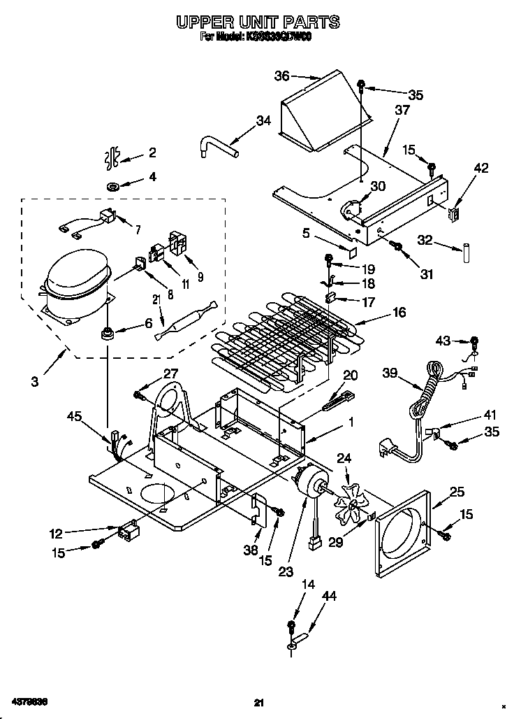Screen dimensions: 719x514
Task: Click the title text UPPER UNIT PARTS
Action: point(258,22)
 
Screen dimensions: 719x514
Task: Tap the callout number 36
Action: point(281,76)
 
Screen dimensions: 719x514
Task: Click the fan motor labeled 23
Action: point(311,490)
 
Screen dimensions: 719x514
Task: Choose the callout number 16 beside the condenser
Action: point(399,313)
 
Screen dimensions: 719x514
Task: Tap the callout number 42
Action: point(481,168)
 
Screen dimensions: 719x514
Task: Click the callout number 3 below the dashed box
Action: point(34,381)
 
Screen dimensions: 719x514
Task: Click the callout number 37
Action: point(402,110)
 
